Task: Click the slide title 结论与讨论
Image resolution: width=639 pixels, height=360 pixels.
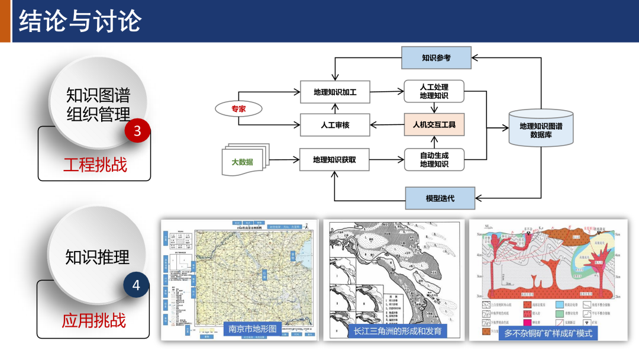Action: point(80,21)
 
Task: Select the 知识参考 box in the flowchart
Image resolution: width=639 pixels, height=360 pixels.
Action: point(436,58)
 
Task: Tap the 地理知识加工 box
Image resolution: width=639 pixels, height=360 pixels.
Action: point(334,92)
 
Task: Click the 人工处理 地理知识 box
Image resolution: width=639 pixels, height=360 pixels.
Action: point(434,91)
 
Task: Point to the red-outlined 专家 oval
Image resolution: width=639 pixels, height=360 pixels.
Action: point(238,109)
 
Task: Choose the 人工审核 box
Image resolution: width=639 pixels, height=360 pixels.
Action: point(334,125)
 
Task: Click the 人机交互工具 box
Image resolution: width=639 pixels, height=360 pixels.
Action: point(434,125)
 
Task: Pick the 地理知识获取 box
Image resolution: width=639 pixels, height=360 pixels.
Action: point(334,159)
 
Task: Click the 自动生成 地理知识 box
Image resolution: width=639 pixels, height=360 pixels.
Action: point(434,159)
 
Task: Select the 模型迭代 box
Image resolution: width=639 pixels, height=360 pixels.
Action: point(440,198)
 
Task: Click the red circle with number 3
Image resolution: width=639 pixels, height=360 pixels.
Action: point(137,130)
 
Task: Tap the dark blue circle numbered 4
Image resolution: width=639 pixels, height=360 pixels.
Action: point(136,285)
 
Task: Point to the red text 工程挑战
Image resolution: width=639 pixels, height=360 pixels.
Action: point(95,164)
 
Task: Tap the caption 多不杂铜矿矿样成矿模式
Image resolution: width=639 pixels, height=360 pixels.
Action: point(548,333)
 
